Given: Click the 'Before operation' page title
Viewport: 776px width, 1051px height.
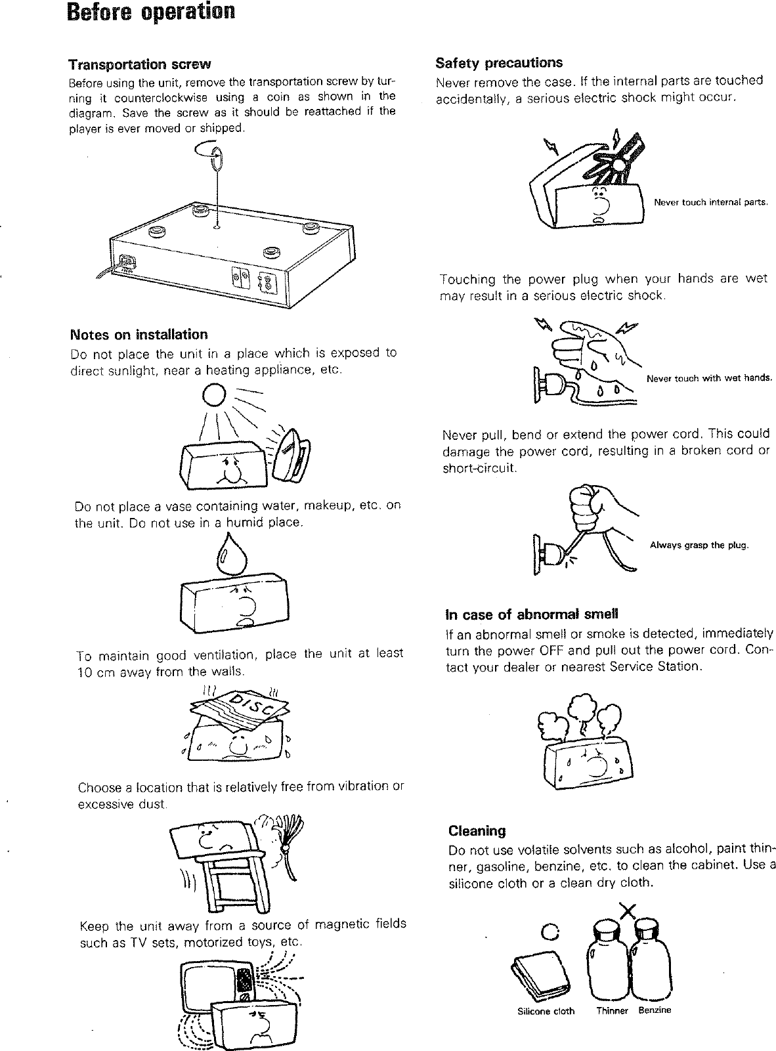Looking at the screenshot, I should pyautogui.click(x=151, y=12).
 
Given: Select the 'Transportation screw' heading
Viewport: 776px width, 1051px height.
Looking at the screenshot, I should pyautogui.click(x=140, y=64).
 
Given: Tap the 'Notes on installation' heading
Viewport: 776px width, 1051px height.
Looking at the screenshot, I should pyautogui.click(x=139, y=335).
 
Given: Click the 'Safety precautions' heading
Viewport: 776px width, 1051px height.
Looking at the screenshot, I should pyautogui.click(x=499, y=63).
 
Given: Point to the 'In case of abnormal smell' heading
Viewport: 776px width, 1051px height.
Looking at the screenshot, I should pyautogui.click(x=532, y=615).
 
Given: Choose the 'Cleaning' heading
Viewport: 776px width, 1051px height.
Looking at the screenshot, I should pyautogui.click(x=477, y=831).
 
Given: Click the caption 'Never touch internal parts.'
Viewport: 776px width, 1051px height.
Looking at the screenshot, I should pyautogui.click(x=710, y=202).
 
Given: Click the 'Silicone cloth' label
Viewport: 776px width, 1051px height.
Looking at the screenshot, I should pyautogui.click(x=546, y=1011).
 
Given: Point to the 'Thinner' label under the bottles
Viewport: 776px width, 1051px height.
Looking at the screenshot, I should pyautogui.click(x=612, y=1011).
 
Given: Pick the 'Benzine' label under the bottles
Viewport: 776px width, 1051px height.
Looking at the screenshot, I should pyautogui.click(x=655, y=1010).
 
